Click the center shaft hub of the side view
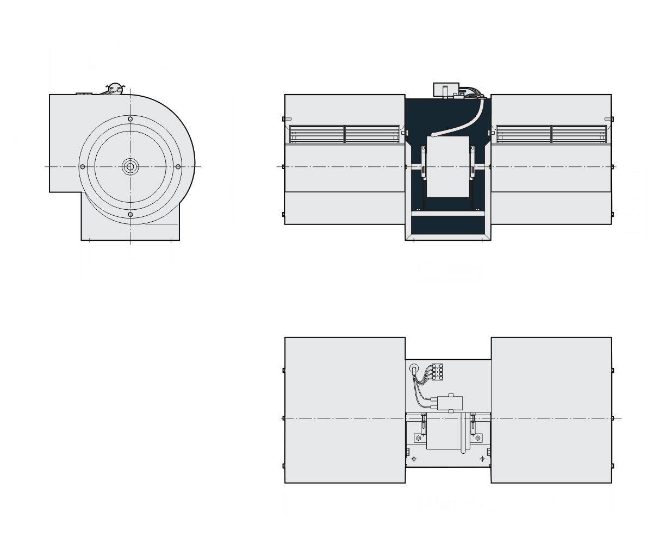130,166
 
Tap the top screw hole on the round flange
130,119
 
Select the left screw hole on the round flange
82,166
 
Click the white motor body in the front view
448,166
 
